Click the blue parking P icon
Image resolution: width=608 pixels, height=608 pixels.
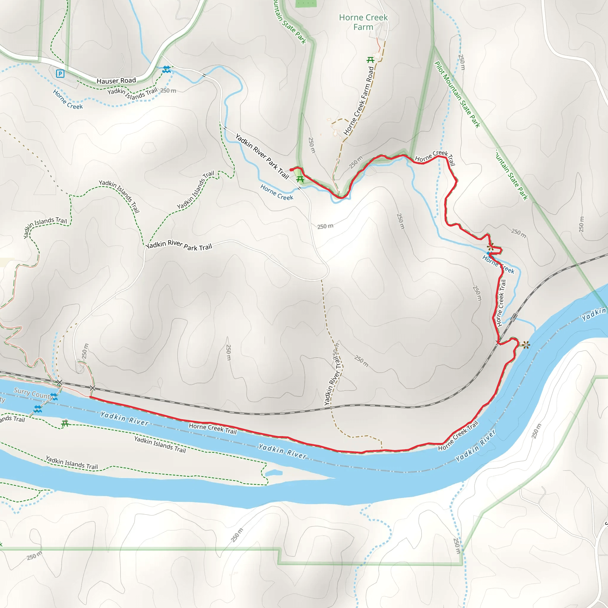tap(60, 74)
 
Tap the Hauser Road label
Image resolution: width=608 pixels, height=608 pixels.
tap(116, 81)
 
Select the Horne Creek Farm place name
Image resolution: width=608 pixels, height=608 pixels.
tap(363, 22)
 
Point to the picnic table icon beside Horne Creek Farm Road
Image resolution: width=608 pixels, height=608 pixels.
tap(370, 59)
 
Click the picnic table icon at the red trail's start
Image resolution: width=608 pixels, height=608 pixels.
tap(300, 179)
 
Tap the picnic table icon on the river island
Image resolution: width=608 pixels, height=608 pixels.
tap(65, 423)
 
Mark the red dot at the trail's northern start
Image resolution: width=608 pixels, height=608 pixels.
tap(291, 170)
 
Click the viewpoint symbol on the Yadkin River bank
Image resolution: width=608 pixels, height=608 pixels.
tap(526, 345)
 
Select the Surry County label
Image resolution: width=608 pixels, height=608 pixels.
tap(33, 393)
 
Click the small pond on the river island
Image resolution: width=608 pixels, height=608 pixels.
tap(273, 473)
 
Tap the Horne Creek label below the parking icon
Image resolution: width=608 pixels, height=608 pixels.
tap(68, 99)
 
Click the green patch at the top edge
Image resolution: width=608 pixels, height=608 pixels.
tap(305, 3)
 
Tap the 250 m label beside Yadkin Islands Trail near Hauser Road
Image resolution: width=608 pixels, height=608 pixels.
tap(168, 91)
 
